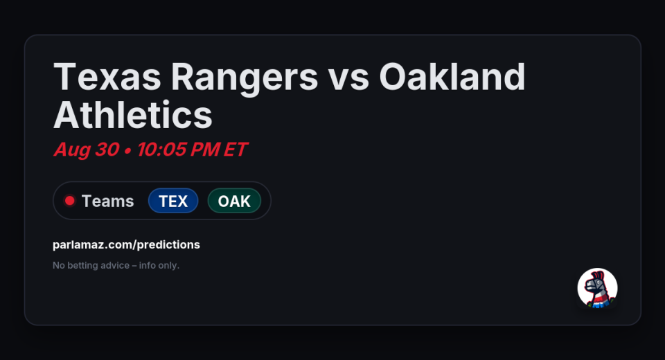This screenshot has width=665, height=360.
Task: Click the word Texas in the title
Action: pos(107,77)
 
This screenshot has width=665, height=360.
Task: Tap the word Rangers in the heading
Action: pos(245,78)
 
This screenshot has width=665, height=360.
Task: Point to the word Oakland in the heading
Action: pos(452,77)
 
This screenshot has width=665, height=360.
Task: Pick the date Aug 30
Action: pos(87,150)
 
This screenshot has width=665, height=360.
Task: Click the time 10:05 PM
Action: pos(178,150)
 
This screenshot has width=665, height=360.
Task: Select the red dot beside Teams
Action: pos(69,201)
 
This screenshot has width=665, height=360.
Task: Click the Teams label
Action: pos(108,201)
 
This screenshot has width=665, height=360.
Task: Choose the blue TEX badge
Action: pos(173,201)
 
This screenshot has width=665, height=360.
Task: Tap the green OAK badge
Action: pos(234,201)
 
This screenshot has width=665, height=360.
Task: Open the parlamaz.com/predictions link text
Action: pos(126,244)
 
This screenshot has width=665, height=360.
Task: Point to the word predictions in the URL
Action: pos(168,244)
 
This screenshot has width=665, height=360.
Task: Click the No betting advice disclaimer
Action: pos(116,265)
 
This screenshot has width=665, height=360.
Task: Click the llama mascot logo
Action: pos(598,288)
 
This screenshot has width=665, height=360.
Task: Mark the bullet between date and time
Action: pos(127,151)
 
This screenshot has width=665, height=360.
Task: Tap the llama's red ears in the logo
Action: pos(598,276)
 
